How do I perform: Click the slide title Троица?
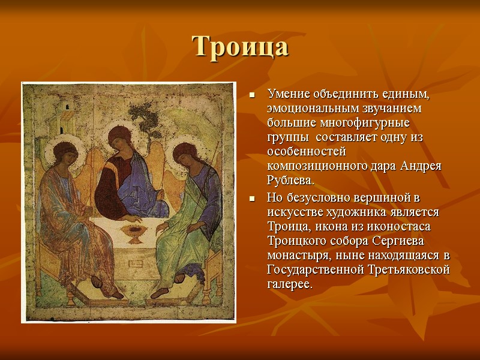click(240, 47)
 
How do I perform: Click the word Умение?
click(289, 95)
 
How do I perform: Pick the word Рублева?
click(290, 181)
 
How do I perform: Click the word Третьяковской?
click(408, 270)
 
